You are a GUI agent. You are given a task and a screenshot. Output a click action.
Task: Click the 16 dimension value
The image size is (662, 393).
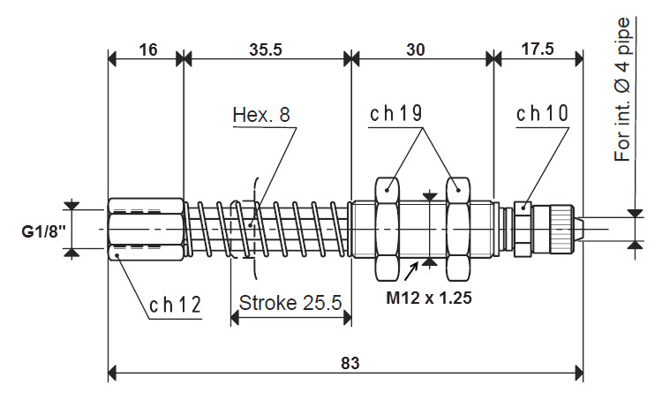point(147,50)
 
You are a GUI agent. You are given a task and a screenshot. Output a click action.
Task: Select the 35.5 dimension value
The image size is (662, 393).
point(266,50)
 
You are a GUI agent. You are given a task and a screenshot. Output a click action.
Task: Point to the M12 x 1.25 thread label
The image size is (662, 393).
point(429,298)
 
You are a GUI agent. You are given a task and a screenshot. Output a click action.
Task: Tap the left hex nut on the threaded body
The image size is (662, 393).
point(388,229)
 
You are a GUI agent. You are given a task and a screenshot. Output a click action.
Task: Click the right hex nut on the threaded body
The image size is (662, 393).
point(458,229)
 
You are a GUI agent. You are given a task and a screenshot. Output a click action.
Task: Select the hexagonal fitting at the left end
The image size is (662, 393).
point(146,229)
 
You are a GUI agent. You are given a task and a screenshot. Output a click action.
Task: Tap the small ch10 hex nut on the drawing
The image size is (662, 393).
point(522,229)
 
